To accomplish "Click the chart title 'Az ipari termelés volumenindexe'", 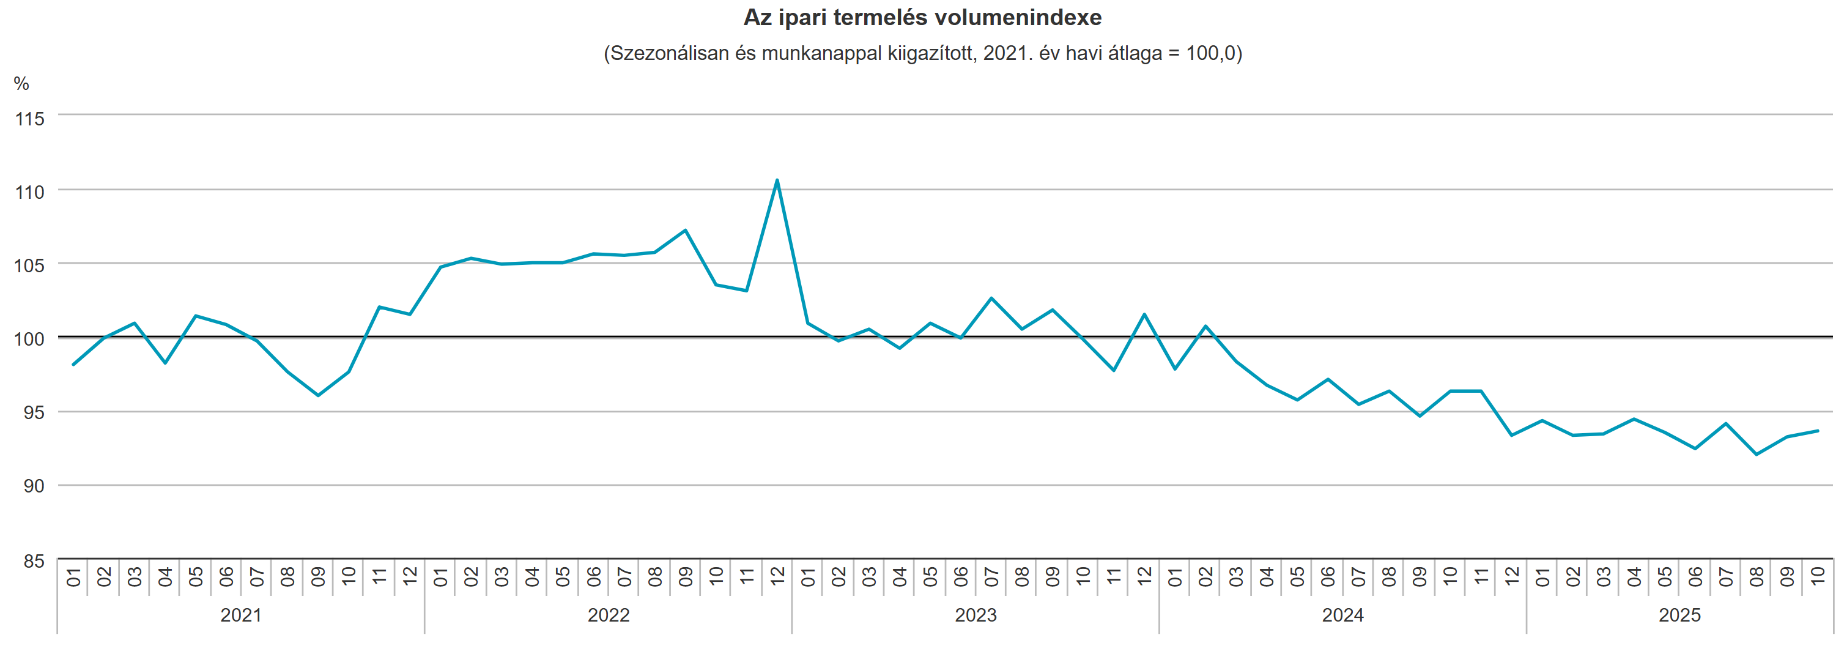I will [x=922, y=17].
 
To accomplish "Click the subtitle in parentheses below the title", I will [x=922, y=54].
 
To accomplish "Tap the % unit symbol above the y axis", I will [x=21, y=84].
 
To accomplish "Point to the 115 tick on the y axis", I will [x=29, y=119].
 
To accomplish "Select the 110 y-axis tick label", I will [x=29, y=192].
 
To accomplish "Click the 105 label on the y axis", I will [x=29, y=266].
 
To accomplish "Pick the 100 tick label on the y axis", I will [x=29, y=339].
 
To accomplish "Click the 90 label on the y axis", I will [x=32, y=486].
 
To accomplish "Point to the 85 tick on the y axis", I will [x=32, y=561].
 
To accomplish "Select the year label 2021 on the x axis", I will [x=240, y=615].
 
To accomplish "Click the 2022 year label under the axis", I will [x=609, y=615].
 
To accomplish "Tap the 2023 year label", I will [x=976, y=615].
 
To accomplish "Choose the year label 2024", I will [x=1343, y=615].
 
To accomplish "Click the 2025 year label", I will [x=1679, y=615].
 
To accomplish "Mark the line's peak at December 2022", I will [x=777, y=180].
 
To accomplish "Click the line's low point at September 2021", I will [x=318, y=395].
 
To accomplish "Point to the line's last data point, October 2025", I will [x=1818, y=431].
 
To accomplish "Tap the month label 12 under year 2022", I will [x=777, y=576].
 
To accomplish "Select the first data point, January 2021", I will [x=73, y=365].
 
